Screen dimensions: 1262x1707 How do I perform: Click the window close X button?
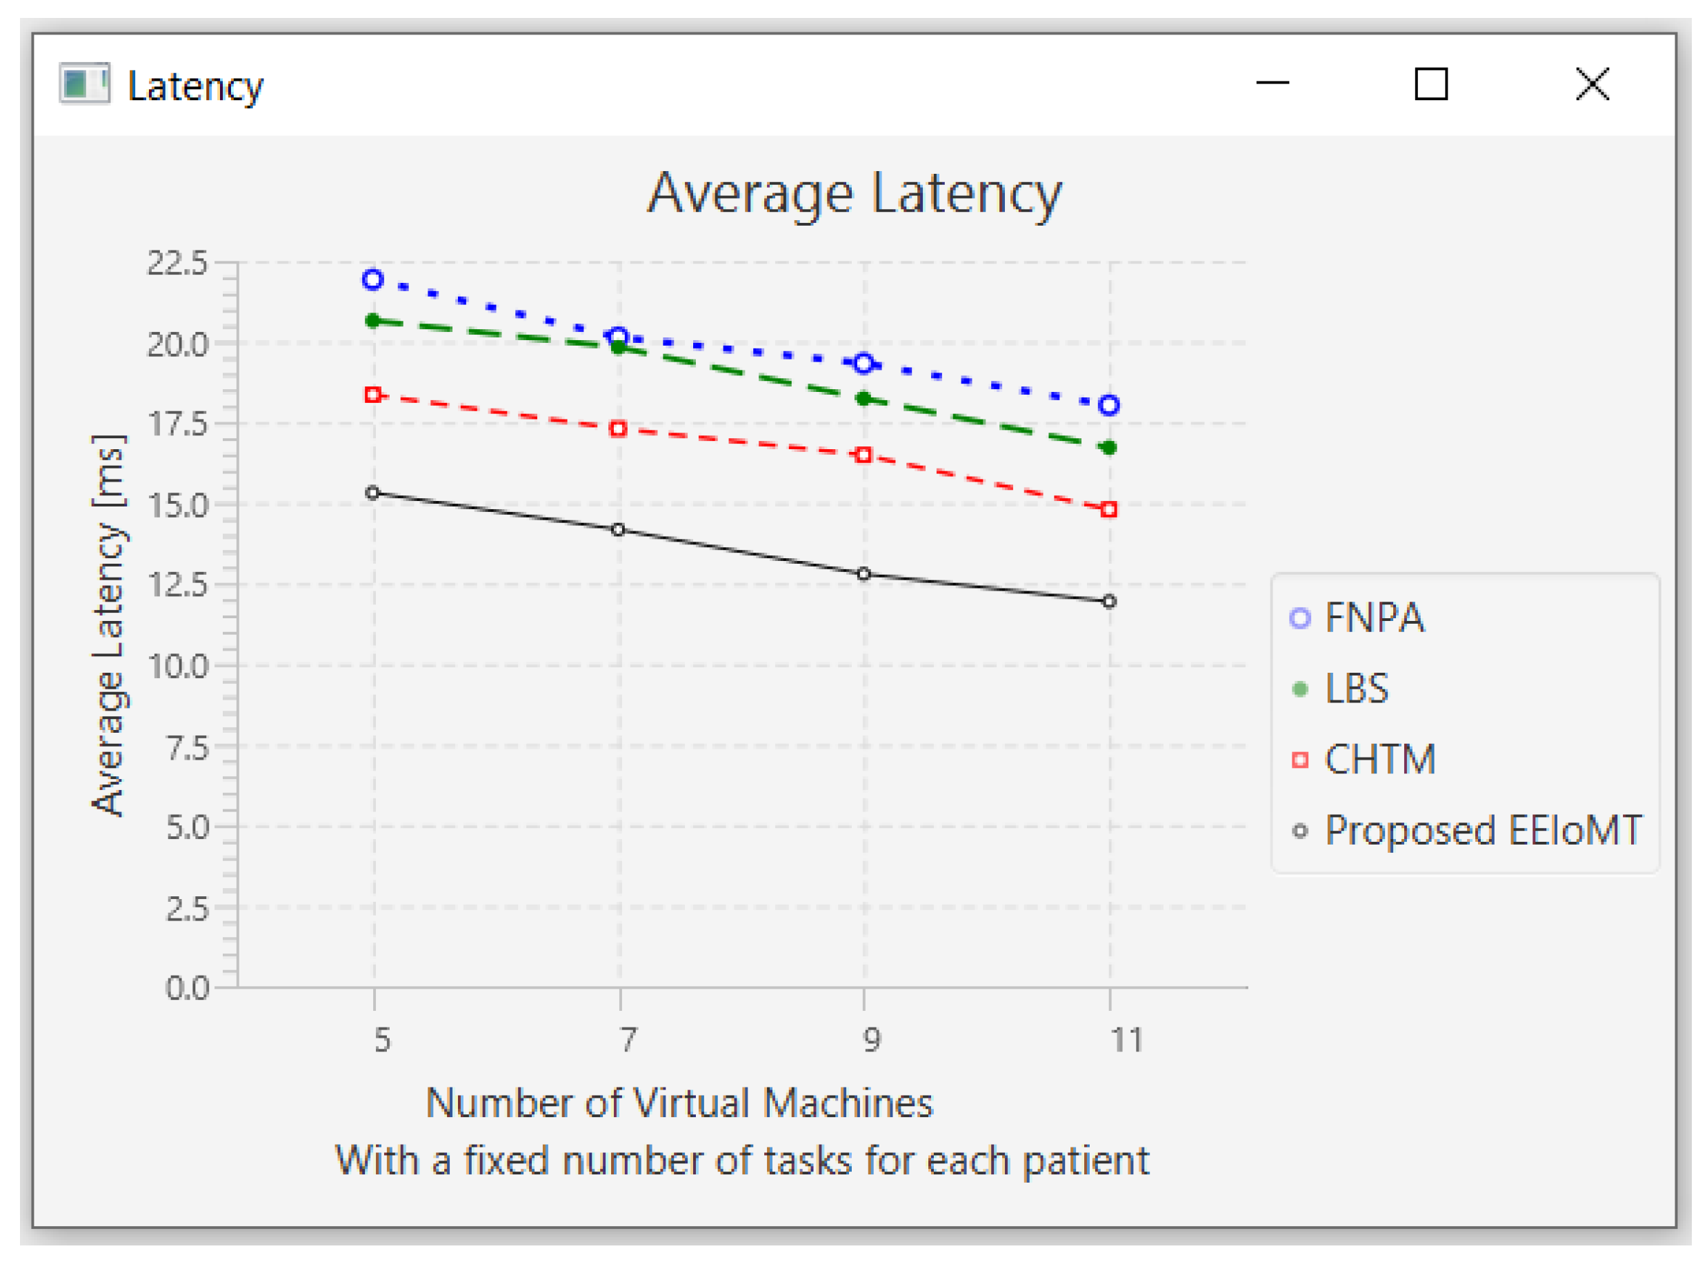[1592, 84]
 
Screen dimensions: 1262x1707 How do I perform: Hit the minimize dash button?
[1272, 83]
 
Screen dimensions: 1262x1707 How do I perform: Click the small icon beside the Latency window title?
[84, 83]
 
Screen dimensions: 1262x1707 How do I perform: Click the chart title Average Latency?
[854, 193]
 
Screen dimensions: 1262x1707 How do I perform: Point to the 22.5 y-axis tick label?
[177, 263]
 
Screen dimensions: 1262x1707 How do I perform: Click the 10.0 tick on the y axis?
[178, 666]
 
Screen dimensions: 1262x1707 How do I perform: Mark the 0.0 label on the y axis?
[187, 988]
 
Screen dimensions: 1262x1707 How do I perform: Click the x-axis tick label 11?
[1126, 1040]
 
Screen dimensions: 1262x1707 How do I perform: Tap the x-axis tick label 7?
[627, 1040]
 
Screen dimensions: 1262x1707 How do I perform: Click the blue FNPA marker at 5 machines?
[372, 279]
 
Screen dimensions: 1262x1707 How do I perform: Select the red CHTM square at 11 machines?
[1109, 509]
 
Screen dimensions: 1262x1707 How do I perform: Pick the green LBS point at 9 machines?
[864, 399]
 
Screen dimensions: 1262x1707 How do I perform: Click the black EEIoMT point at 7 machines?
[619, 529]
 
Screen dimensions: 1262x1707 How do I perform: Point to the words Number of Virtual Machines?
[679, 1103]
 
